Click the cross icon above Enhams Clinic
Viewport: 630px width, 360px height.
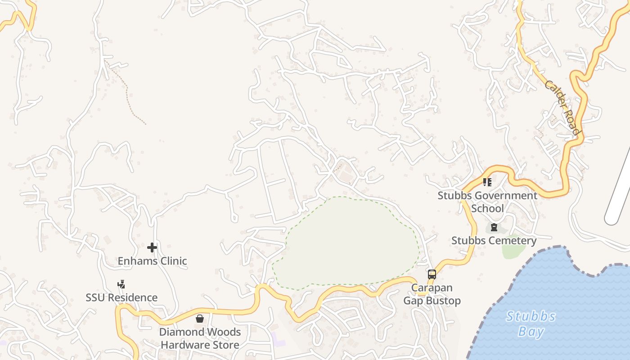coord(152,247)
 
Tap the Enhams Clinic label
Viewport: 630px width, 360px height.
coord(152,261)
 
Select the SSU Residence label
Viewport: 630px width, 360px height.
coord(121,298)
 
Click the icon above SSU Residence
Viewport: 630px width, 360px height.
coord(121,284)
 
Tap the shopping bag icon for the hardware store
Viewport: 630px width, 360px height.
coord(200,319)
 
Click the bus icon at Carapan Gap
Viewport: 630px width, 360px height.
coord(432,274)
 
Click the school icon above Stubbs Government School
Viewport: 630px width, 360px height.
coord(487,182)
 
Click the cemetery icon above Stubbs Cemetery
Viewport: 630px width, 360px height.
coord(494,227)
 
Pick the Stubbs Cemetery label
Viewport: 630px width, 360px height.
coord(494,241)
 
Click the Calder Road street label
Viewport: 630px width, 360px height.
coord(562,108)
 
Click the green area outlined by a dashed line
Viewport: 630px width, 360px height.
coord(346,243)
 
